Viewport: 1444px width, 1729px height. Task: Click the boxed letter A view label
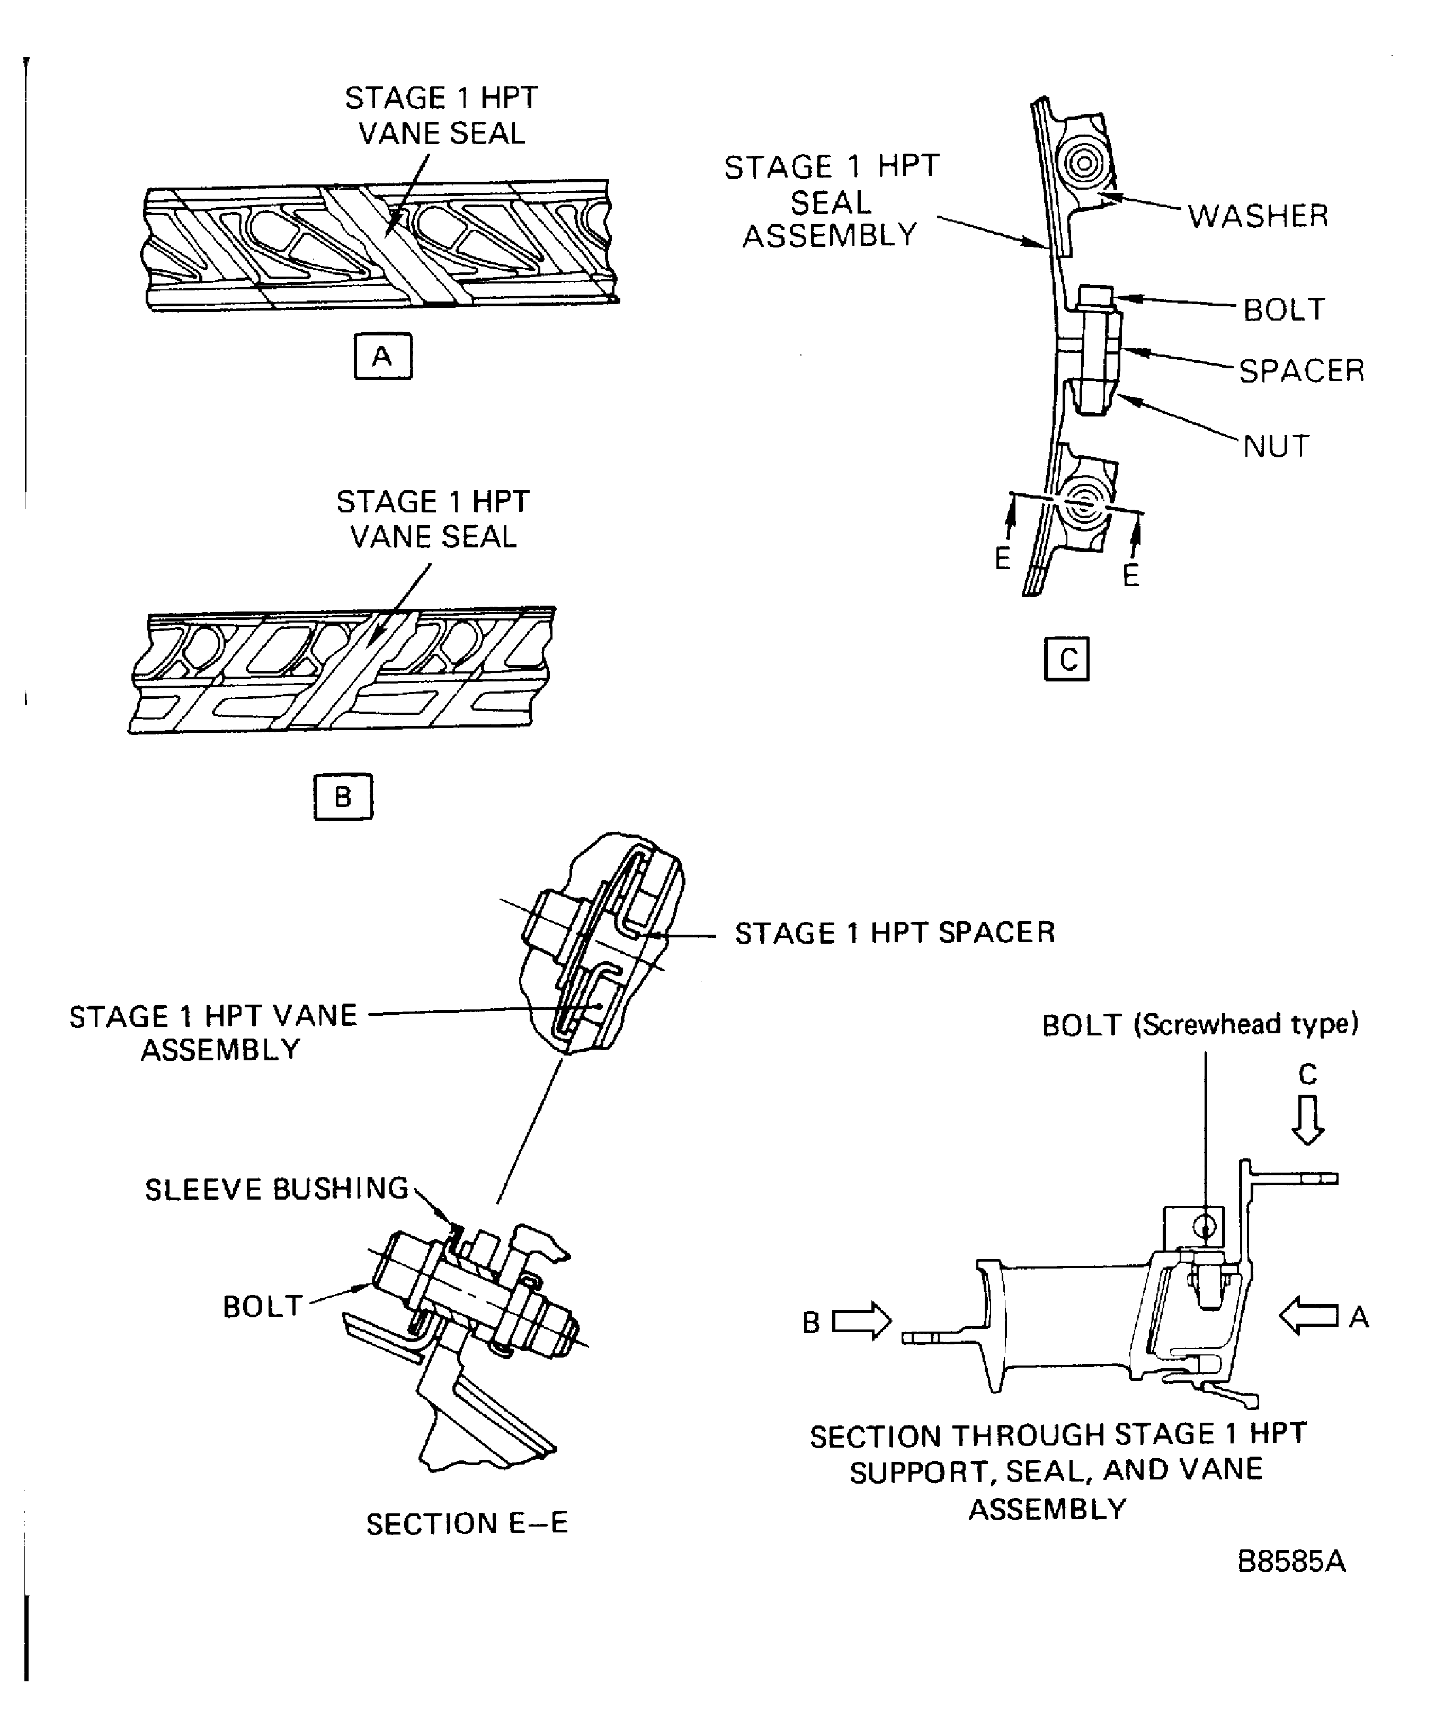point(383,357)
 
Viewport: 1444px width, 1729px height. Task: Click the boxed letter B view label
point(343,796)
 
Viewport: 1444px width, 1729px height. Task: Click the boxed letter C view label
point(1067,659)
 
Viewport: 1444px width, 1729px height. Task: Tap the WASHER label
point(1258,216)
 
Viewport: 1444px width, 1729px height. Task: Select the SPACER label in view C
point(1302,370)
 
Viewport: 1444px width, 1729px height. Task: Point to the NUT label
point(1276,446)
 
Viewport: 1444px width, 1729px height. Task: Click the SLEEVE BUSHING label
point(277,1189)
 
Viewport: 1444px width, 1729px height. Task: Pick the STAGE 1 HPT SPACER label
point(895,933)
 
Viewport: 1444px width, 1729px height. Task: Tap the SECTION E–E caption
point(467,1524)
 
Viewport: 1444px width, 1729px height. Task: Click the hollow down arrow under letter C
point(1307,1120)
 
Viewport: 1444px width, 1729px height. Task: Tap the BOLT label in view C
point(1284,309)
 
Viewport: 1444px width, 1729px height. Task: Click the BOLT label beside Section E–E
point(263,1307)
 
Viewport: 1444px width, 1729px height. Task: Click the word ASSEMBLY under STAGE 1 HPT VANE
point(221,1050)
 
